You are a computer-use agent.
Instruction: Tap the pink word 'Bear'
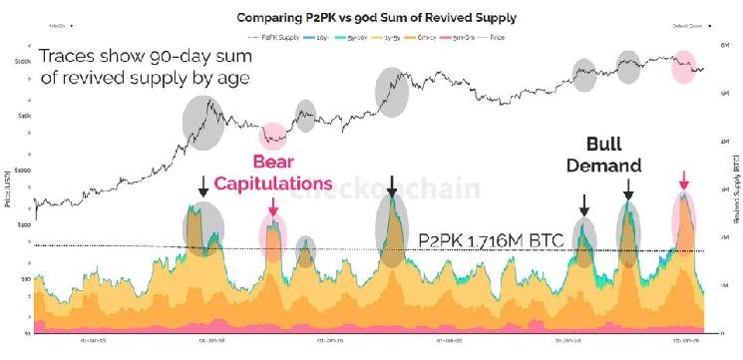[273, 162]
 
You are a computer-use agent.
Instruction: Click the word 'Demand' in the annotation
[604, 166]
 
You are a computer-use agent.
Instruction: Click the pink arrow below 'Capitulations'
[273, 205]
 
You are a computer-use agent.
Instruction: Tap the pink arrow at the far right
[683, 180]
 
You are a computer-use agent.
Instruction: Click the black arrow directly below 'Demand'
[627, 188]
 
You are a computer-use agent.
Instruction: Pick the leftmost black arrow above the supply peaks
[202, 184]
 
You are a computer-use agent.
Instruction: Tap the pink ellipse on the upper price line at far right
[684, 67]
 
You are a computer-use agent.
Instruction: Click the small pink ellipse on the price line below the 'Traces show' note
[273, 137]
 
